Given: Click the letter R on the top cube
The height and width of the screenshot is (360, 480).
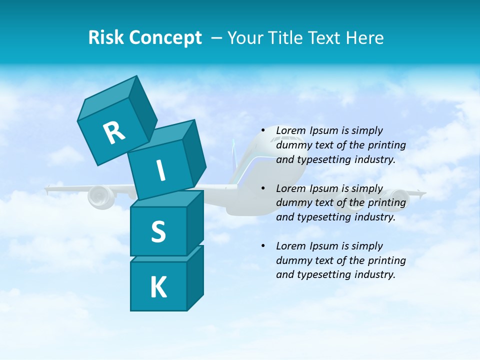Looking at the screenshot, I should point(114,133).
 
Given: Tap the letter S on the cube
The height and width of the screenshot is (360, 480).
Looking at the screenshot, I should point(158,232).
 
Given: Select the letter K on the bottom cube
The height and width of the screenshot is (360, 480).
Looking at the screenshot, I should point(158,287).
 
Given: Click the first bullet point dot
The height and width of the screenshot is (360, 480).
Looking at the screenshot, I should point(263,131).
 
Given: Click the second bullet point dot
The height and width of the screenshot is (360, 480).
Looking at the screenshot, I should point(263,188).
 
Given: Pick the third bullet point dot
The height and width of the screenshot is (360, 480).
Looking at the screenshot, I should point(263,246).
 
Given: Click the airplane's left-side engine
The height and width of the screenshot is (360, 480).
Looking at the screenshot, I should point(101,196).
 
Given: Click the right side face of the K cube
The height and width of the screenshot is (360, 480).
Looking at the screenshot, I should point(195,277).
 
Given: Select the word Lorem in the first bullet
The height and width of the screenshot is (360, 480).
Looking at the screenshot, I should point(290,131).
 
